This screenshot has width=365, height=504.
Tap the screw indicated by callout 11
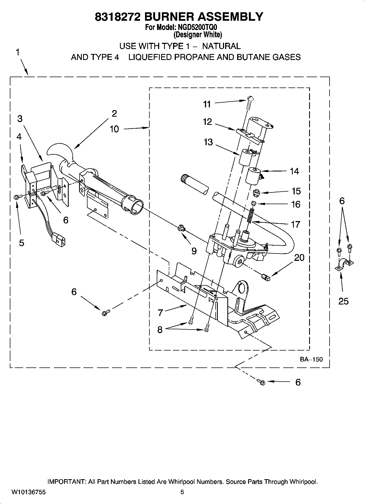pyautogui.click(x=249, y=102)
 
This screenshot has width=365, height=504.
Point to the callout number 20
pyautogui.click(x=299, y=257)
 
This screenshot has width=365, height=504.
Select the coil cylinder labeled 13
pyautogui.click(x=246, y=157)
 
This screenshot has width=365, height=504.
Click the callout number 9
pyautogui.click(x=194, y=251)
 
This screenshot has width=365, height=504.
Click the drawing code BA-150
pyautogui.click(x=311, y=359)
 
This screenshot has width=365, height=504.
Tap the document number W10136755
pyautogui.click(x=28, y=492)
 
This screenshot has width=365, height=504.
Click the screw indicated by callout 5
pyautogui.click(x=16, y=197)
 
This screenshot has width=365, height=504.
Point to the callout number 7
pyautogui.click(x=160, y=312)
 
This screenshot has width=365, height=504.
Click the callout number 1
pyautogui.click(x=17, y=52)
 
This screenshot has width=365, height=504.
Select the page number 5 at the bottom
pyautogui.click(x=182, y=492)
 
